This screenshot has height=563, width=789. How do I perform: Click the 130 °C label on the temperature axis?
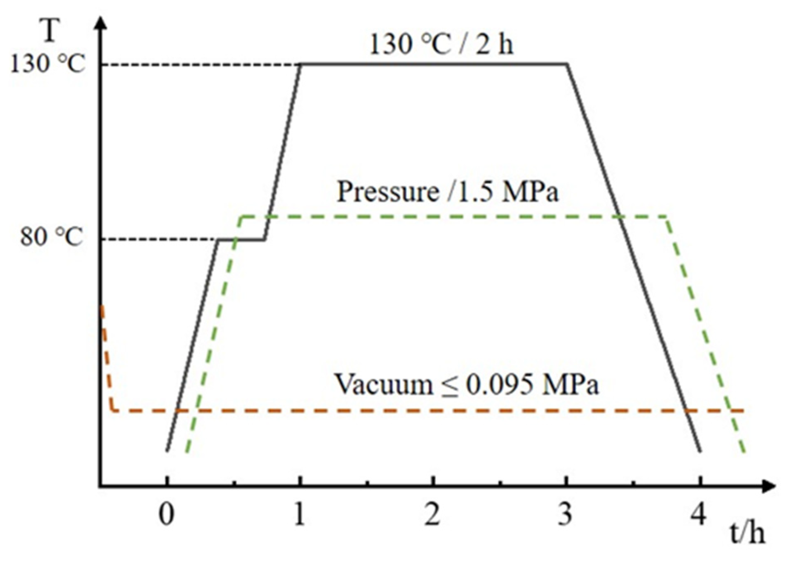tap(47, 65)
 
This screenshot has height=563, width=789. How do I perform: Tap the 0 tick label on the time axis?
tap(166, 514)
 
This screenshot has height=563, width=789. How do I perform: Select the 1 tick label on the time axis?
tap(300, 514)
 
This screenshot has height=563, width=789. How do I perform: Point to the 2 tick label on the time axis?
tap(433, 514)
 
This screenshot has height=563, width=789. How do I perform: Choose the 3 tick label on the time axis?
tap(566, 514)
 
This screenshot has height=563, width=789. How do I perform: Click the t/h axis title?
tap(747, 534)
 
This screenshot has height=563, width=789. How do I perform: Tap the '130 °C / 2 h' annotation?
tap(441, 45)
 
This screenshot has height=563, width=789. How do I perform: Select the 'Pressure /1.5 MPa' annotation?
tap(448, 192)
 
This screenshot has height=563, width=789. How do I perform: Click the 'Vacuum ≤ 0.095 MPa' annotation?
tap(466, 384)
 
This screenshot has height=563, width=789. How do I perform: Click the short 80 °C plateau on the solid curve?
tap(241, 240)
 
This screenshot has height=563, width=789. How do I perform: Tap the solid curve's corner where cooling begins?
tap(568, 64)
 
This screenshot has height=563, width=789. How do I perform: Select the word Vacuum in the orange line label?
tap(384, 384)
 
